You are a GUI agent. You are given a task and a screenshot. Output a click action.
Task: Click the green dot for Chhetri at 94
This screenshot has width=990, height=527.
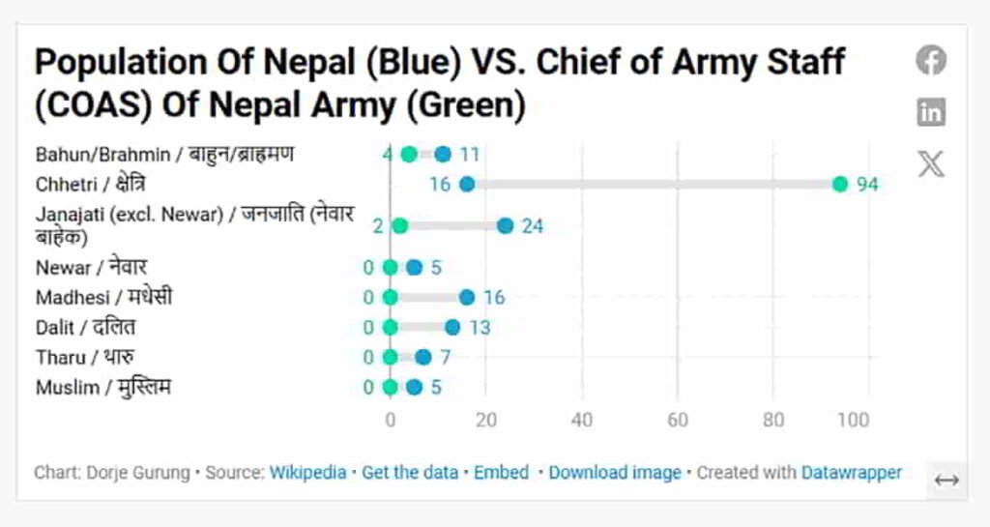840,184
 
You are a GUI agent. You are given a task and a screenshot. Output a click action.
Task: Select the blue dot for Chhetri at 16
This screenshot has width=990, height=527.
467,184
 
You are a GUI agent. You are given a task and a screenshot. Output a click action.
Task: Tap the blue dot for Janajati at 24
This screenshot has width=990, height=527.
505,225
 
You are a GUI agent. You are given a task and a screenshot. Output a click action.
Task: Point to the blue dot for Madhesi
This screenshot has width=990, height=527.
467,298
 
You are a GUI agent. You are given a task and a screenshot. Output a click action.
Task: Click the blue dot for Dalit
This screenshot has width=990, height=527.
452,328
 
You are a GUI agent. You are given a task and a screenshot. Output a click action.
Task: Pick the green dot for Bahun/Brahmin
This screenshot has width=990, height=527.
409,154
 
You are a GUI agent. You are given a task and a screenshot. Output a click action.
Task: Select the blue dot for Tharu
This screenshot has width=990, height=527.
423,358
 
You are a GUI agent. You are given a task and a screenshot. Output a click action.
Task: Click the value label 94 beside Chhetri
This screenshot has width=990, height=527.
866,185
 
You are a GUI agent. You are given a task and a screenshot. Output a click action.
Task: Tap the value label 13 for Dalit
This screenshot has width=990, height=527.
480,328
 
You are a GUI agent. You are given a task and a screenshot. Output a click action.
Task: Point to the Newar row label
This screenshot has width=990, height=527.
92,268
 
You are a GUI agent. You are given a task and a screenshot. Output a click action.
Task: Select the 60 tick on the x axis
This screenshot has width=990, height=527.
677,421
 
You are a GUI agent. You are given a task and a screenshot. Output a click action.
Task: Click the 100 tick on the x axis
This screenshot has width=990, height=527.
854,421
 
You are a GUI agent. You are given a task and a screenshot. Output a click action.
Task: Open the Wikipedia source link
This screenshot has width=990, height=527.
307,473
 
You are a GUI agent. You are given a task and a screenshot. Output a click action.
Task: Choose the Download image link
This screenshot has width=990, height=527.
615,473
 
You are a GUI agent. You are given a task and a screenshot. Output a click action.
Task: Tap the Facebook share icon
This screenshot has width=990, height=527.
931,61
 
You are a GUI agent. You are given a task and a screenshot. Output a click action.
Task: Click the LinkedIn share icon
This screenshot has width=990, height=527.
931,112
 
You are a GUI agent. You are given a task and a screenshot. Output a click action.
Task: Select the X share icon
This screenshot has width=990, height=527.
931,163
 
